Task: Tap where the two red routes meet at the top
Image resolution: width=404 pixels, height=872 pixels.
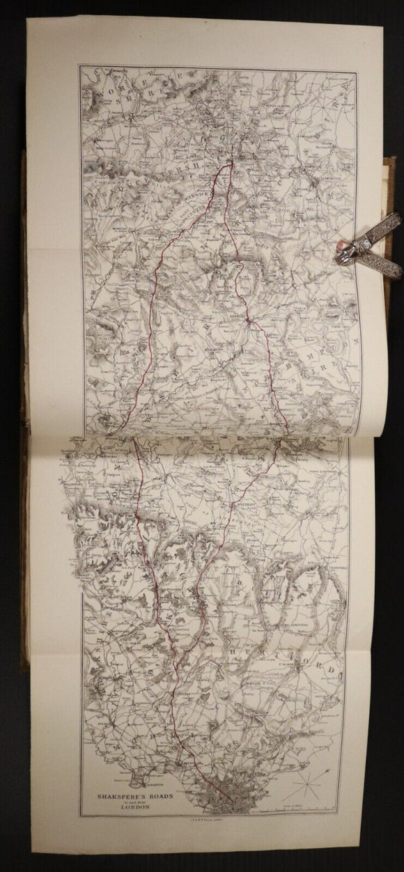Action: [x=231, y=164]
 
